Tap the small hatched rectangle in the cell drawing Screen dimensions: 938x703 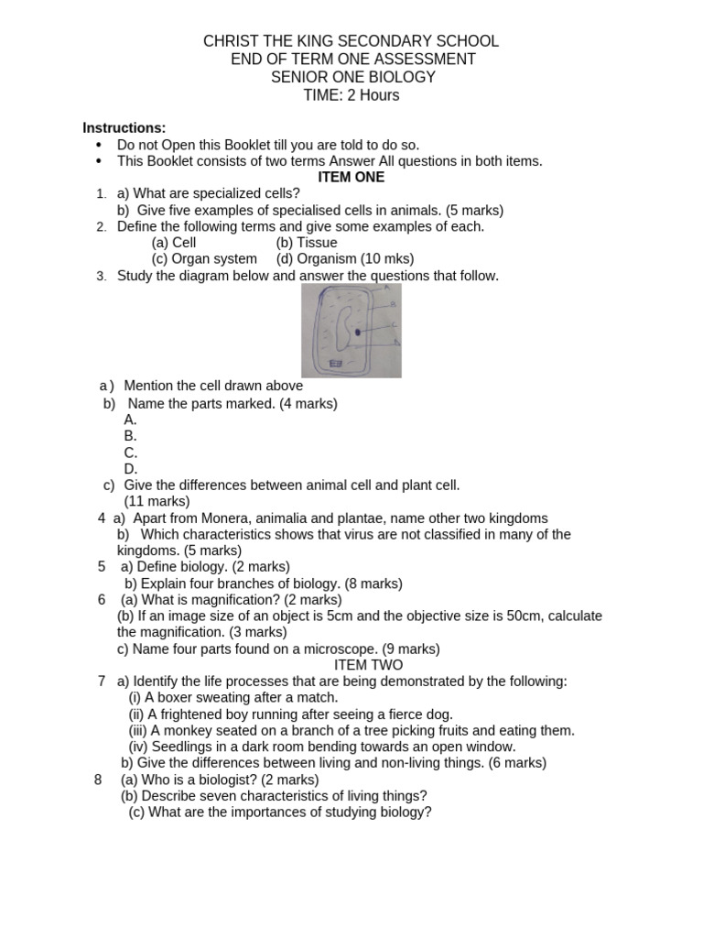pyautogui.click(x=335, y=364)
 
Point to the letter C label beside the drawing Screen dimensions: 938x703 pyautogui.click(x=393, y=324)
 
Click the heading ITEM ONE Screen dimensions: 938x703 pyautogui.click(x=351, y=177)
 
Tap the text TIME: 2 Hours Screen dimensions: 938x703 pyautogui.click(x=351, y=95)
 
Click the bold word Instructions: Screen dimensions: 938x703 pyautogui.click(x=124, y=127)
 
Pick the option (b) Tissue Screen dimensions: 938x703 pyautogui.click(x=306, y=243)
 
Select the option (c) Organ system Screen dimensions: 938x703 pyautogui.click(x=204, y=259)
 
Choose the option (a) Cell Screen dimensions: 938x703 pyautogui.click(x=174, y=243)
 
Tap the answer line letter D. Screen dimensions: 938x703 pyautogui.click(x=131, y=469)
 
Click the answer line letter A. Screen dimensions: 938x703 pyautogui.click(x=131, y=420)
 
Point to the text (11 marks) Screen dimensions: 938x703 pyautogui.click(x=157, y=501)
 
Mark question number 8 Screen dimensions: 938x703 pyautogui.click(x=98, y=780)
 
